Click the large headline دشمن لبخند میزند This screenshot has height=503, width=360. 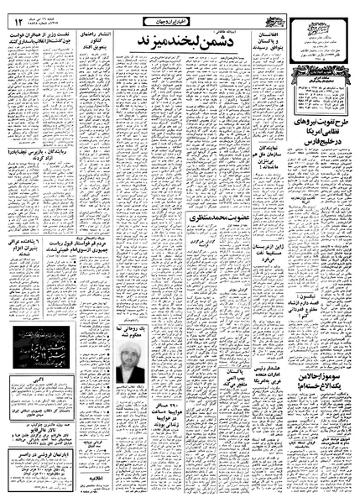[171, 40]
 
